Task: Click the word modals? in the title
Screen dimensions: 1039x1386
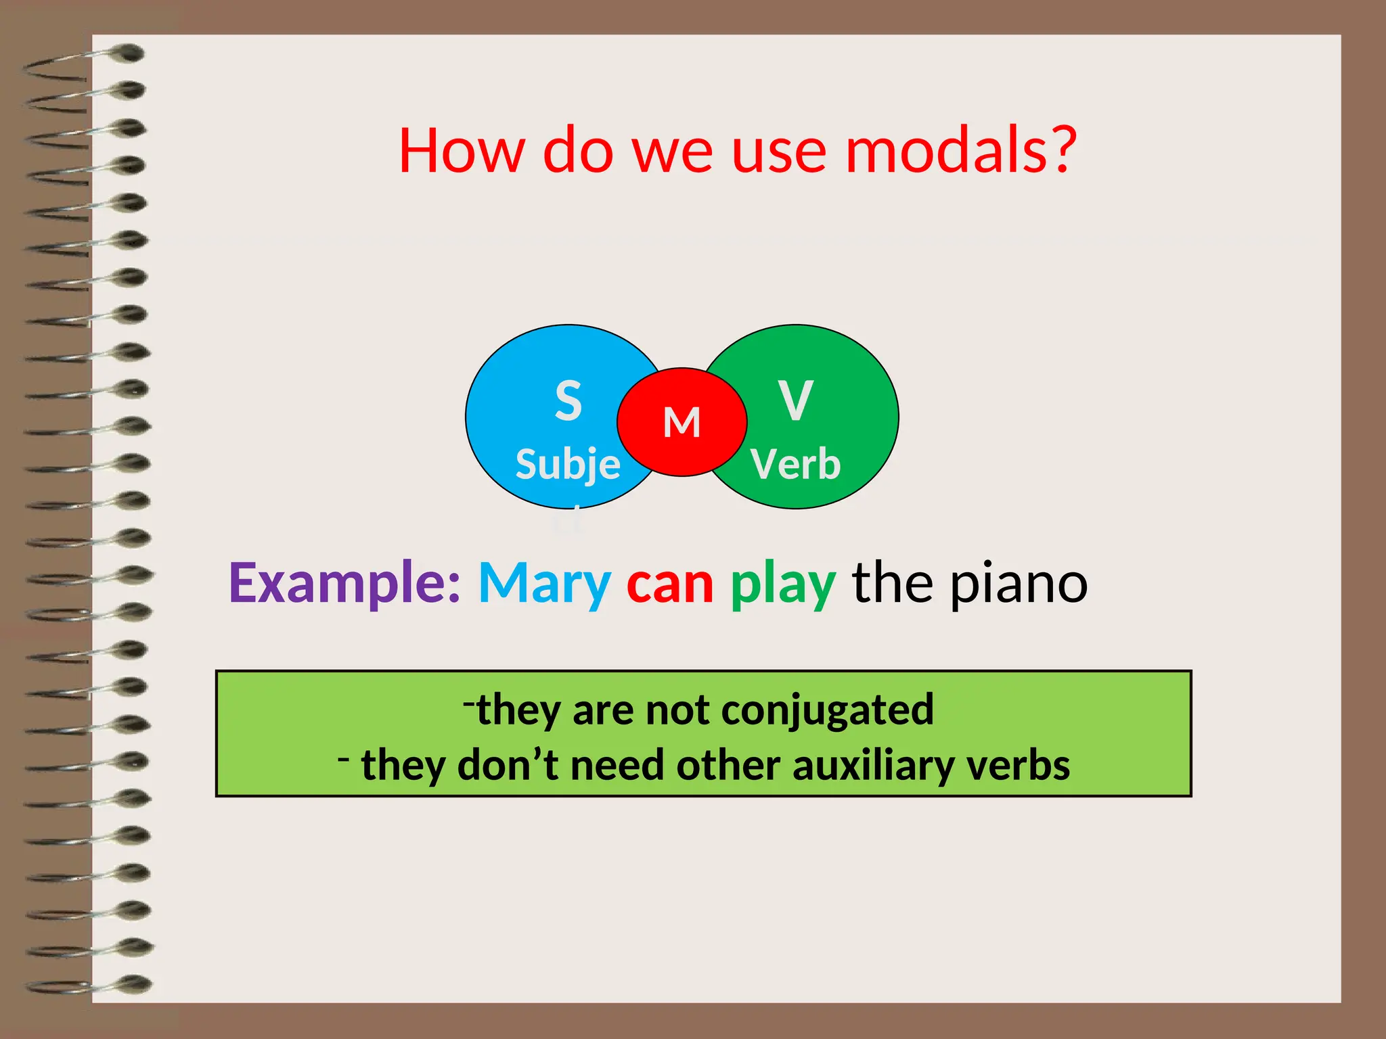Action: coord(961,150)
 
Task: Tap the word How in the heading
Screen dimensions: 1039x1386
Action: coord(462,150)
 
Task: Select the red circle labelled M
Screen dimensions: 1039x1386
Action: coord(681,422)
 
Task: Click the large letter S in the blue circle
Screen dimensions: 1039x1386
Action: coord(568,400)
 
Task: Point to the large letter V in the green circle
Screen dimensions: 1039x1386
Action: coord(795,400)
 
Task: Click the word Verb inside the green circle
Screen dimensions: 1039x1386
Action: coord(795,465)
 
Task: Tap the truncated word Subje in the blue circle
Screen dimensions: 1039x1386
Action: coord(568,465)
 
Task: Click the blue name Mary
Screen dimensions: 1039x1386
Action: coord(545,583)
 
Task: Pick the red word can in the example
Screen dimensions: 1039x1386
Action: coord(670,583)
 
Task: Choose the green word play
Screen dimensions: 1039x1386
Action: coord(783,583)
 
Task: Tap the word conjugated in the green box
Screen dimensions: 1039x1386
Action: coord(827,710)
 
